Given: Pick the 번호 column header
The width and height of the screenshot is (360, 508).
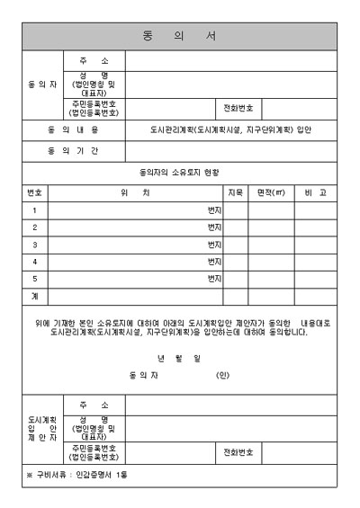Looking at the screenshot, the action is point(35,192).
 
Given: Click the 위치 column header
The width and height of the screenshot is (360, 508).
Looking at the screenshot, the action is point(134,192).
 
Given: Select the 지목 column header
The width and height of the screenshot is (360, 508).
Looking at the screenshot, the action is point(236,192).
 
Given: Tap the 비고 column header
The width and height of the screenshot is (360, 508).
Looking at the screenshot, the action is point(316,192).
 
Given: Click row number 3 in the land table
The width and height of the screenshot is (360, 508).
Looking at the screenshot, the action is point(35,244).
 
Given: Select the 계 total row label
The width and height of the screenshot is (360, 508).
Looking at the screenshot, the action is point(35,295).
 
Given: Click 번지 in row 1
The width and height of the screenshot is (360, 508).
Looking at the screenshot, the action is point(214,209).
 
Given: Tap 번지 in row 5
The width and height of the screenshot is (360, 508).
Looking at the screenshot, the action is point(214,278).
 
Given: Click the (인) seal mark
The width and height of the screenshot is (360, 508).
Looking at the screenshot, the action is point(223,374).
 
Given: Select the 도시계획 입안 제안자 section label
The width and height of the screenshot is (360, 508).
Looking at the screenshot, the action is point(42,429).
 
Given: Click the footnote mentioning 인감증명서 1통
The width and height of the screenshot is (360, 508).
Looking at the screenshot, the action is point(76,474).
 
